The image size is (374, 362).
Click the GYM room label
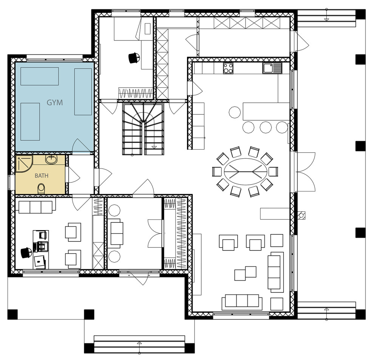pyautogui.click(x=55, y=102)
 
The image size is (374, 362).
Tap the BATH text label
pyautogui.click(x=42, y=176)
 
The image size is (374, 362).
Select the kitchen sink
pyautogui.click(x=272, y=68)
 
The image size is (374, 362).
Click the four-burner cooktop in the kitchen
pyautogui.click(x=228, y=68)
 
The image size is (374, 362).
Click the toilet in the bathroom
pyautogui.click(x=42, y=188)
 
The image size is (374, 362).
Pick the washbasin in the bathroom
pyautogui.click(x=51, y=159)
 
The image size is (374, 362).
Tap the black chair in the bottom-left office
pyautogui.click(x=26, y=252)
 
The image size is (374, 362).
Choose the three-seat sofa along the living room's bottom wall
pyautogui.click(x=242, y=301)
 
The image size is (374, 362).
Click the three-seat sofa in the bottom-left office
pyautogui.click(x=36, y=207)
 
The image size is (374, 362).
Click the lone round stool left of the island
pyautogui.click(x=234, y=112)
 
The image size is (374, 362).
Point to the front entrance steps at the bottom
pyautogui.click(x=139, y=343)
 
